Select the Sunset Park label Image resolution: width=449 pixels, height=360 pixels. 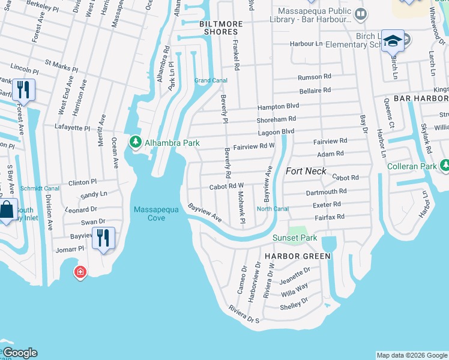point(295,238)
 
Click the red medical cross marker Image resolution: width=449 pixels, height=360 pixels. point(79,273)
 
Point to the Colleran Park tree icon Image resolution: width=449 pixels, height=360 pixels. point(445,165)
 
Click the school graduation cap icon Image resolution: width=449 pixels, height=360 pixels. point(393,41)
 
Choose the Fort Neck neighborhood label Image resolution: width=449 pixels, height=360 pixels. point(306,171)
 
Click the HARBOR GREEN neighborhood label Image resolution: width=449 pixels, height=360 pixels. point(297,256)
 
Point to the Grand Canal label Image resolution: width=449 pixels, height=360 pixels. point(210,80)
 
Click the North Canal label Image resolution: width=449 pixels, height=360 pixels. point(273,209)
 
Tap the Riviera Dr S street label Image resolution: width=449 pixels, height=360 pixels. point(244,315)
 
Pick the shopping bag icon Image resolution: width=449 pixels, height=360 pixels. point(7,211)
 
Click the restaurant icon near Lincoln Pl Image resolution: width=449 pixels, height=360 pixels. point(23,90)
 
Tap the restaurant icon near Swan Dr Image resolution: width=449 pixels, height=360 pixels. point(103,237)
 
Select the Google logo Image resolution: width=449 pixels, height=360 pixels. point(19,353)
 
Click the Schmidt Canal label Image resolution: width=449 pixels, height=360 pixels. point(40,188)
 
